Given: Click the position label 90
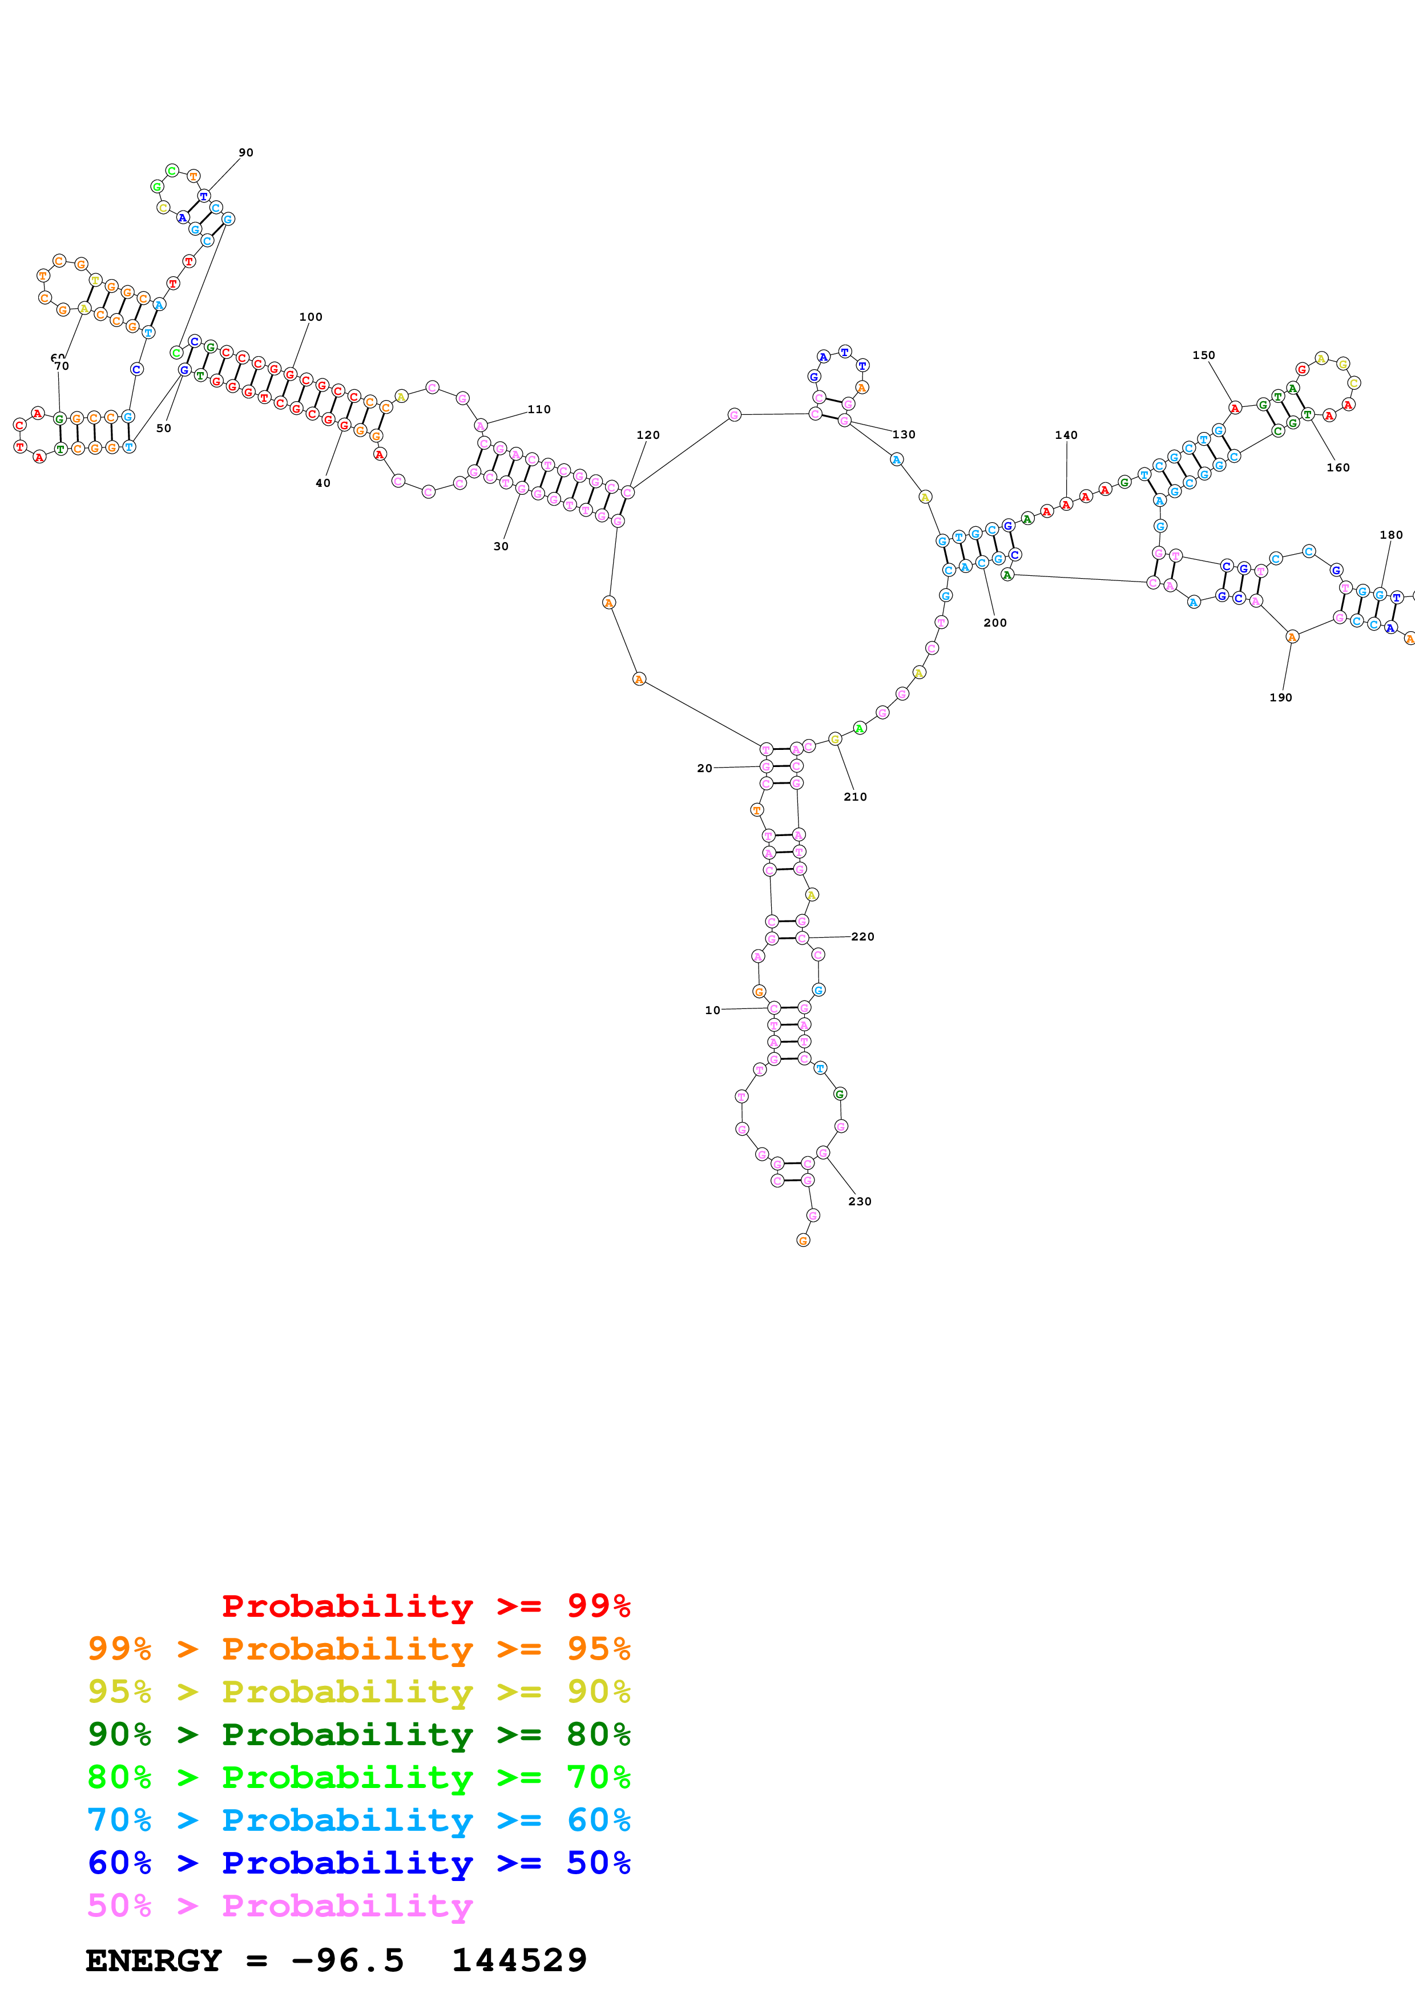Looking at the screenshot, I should point(246,152).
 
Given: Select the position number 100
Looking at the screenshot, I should point(311,317).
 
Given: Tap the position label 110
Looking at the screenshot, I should point(539,409).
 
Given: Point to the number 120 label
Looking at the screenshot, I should point(648,435).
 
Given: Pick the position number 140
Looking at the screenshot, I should point(1066,435).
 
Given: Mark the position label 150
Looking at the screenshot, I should point(1203,355).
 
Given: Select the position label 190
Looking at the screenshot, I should point(1280,697).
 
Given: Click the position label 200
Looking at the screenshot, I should point(995,623).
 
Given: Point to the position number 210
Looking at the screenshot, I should point(854,797).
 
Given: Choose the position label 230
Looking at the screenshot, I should point(859,1201).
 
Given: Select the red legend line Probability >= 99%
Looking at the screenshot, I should point(425,1606).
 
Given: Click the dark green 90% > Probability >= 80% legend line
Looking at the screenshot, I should point(358,1734).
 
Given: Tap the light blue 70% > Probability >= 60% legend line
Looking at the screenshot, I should point(358,1820).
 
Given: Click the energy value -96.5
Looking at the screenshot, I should point(347,1961).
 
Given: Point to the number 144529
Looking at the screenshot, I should point(519,1961).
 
